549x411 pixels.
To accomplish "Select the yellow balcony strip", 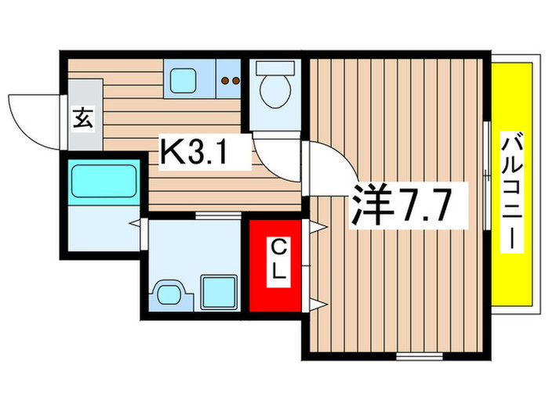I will click(x=511, y=192).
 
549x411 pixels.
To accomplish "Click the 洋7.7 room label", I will click(x=399, y=205).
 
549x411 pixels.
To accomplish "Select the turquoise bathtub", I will click(x=104, y=180).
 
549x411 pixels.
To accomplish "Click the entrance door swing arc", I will click(x=31, y=117).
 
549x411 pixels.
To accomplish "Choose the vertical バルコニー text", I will click(x=511, y=192).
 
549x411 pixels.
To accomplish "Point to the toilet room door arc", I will click(x=274, y=153).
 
